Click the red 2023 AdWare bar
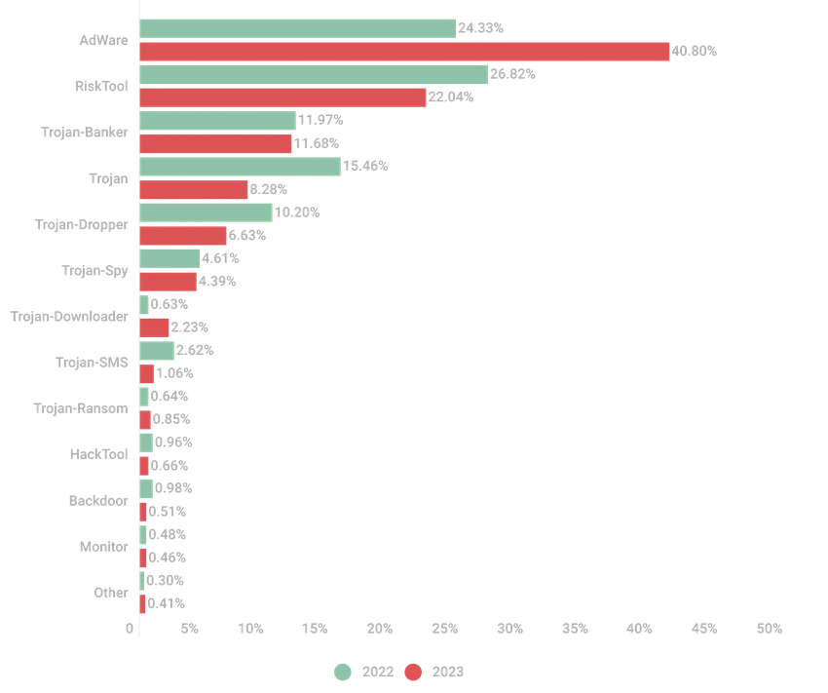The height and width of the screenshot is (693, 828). point(404,52)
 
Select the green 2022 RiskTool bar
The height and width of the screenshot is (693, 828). point(314,74)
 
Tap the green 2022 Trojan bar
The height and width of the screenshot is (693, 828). point(241,167)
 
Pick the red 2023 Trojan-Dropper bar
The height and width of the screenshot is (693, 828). point(183,236)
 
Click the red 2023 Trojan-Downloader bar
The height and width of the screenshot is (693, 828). point(154,327)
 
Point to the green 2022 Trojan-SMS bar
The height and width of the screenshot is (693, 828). point(157,351)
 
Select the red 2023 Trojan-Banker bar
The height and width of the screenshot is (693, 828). point(215,143)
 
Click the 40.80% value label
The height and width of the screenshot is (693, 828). point(694,52)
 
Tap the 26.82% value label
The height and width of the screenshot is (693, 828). point(512,74)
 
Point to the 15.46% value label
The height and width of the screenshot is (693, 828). point(365,166)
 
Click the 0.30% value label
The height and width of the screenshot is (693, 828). point(165,581)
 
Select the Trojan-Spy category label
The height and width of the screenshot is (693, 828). point(94,271)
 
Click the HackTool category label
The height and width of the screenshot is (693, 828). point(98,454)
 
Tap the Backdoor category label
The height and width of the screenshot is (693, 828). point(98,501)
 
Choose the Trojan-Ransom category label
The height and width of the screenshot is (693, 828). point(81,408)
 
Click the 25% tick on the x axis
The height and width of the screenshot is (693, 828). point(444,629)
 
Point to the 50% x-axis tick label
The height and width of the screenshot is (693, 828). point(770,629)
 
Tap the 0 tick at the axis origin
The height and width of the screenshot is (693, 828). point(130,629)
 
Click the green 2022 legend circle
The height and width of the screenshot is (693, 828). point(343,672)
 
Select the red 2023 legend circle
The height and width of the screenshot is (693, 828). point(413,672)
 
